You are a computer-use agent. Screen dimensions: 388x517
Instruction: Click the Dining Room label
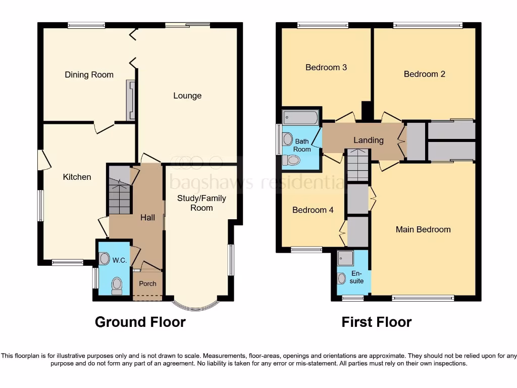[89, 75]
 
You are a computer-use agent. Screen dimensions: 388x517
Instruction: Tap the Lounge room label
[187, 95]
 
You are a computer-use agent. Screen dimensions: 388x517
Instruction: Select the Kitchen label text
[77, 177]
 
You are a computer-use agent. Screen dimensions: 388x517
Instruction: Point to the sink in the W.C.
[105, 259]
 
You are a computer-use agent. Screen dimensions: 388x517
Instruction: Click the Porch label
[147, 283]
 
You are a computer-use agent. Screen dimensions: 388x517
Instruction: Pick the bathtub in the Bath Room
[300, 118]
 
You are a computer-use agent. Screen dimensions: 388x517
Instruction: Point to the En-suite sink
[342, 278]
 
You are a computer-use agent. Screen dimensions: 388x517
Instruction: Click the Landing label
[368, 140]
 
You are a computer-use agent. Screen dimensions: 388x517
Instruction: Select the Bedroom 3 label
[326, 67]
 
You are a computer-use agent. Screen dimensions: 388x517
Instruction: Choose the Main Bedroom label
[423, 229]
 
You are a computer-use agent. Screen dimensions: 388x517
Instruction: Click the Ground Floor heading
[140, 322]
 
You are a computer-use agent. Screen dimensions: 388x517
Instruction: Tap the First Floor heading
[376, 322]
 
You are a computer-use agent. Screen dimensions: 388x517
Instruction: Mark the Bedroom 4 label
[313, 210]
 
